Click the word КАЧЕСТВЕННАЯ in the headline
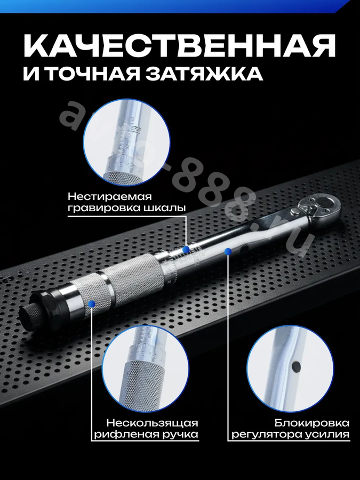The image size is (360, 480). (180, 46)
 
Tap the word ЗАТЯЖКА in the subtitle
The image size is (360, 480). (204, 74)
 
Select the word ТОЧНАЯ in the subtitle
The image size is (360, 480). (93, 74)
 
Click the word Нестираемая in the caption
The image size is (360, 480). (109, 196)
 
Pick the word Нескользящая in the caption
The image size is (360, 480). (152, 423)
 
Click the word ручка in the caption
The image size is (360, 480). (179, 435)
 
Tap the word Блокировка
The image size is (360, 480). (311, 423)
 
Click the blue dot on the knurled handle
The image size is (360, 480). (91, 303)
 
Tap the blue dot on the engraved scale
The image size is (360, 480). (186, 250)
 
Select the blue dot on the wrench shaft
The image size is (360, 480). (227, 252)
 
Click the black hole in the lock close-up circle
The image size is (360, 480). (297, 366)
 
